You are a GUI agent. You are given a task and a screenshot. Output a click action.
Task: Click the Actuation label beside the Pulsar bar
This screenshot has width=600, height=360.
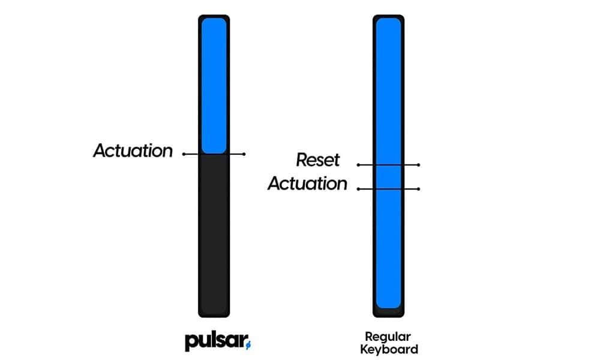[x=132, y=151]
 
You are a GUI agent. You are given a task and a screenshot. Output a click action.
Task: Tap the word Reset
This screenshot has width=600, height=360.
[x=317, y=160]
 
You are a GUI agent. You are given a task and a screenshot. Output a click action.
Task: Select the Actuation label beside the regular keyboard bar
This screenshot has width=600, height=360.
[x=307, y=184]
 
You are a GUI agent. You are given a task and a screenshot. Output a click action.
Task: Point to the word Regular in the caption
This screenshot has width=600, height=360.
[x=388, y=337]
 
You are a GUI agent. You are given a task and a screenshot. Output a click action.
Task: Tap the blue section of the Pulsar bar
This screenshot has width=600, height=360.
[x=214, y=84]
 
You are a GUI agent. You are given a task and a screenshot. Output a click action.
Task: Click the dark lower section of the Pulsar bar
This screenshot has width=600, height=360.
[x=214, y=234]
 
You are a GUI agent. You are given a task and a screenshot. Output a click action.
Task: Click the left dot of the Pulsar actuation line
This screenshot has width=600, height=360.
[x=184, y=154]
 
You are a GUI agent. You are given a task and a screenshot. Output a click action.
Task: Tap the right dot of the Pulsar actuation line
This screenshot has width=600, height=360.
[x=244, y=154]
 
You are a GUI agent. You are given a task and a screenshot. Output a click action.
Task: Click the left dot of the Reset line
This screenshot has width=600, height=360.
[x=358, y=164]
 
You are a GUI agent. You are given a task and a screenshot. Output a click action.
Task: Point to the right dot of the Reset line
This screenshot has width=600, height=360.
[x=418, y=164]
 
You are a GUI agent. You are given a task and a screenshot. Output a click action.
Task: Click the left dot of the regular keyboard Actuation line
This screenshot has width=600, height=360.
[x=358, y=189]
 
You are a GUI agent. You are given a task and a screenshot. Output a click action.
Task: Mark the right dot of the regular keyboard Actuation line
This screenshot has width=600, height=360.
[x=418, y=189]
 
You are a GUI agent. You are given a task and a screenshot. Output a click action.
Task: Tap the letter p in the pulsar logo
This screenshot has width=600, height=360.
[x=190, y=343]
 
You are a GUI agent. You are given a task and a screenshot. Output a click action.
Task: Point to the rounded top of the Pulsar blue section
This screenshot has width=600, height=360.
[x=214, y=22]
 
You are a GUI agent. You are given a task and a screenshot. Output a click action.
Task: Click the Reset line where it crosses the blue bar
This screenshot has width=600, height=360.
[x=388, y=164]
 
